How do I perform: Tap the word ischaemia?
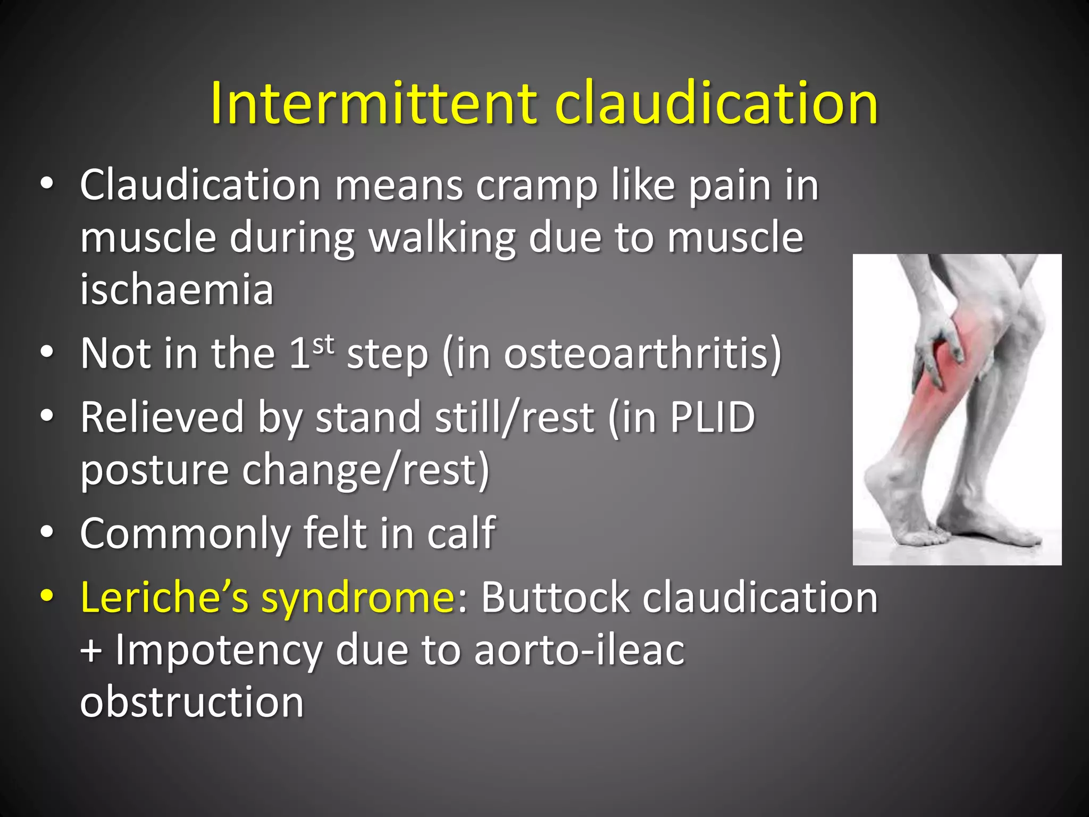[x=177, y=290]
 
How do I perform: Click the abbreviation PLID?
[x=712, y=417]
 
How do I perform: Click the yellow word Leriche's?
[x=165, y=597]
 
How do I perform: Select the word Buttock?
[x=555, y=597]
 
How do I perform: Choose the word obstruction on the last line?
[x=191, y=702]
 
